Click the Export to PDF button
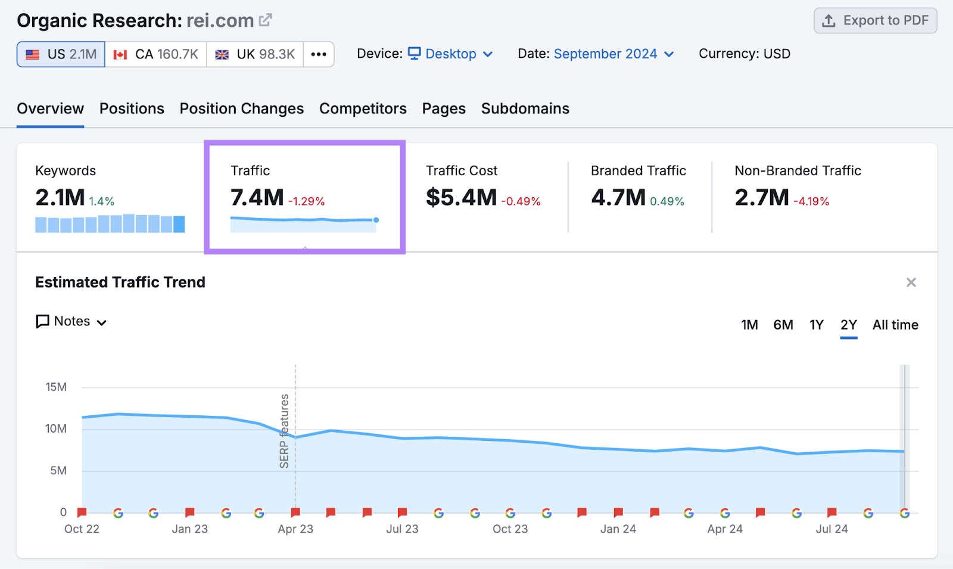pos(875,21)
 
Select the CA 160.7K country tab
pos(156,54)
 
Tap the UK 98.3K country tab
pos(255,54)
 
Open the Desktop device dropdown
pos(451,54)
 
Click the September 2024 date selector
pos(613,54)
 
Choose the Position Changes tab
pos(241,108)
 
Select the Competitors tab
pos(363,108)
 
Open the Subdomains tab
pos(525,108)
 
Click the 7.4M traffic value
pos(257,197)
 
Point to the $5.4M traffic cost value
pos(461,197)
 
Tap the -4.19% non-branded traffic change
pos(811,201)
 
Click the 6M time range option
pos(783,325)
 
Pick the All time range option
pos(895,325)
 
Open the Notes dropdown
pos(71,322)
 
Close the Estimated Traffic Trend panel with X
pos(911,282)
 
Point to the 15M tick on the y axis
pos(56,387)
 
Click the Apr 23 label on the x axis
pos(295,529)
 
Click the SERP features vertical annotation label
pos(284,431)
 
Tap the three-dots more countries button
pos(319,54)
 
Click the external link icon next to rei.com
pos(266,20)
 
